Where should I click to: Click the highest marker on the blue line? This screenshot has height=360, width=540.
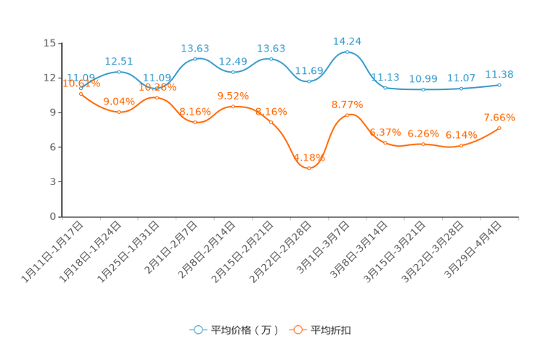[x=348, y=52]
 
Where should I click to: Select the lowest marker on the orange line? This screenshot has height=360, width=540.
[x=309, y=168]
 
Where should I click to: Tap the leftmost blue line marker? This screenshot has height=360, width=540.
[x=81, y=87]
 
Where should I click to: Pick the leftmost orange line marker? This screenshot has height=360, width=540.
[x=81, y=94]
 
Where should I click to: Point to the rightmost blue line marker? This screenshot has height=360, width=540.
[x=500, y=84]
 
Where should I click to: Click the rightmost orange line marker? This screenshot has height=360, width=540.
[x=500, y=128]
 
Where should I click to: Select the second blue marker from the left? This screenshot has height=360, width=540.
[x=119, y=71]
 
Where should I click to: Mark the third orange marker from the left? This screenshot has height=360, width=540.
[x=157, y=97]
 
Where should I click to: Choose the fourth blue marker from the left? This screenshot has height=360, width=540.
[x=195, y=58]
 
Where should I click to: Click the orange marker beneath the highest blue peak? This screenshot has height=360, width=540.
[x=348, y=115]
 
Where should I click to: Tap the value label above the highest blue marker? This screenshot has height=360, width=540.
[x=348, y=41]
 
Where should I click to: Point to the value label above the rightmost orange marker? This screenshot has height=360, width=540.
[x=499, y=117]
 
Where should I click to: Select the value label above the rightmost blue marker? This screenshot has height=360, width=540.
[x=499, y=74]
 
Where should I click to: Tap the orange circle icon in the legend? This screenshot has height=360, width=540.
[x=297, y=330]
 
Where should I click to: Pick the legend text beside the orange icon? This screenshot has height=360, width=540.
[x=331, y=330]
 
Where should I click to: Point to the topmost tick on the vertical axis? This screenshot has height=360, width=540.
[x=60, y=43]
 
